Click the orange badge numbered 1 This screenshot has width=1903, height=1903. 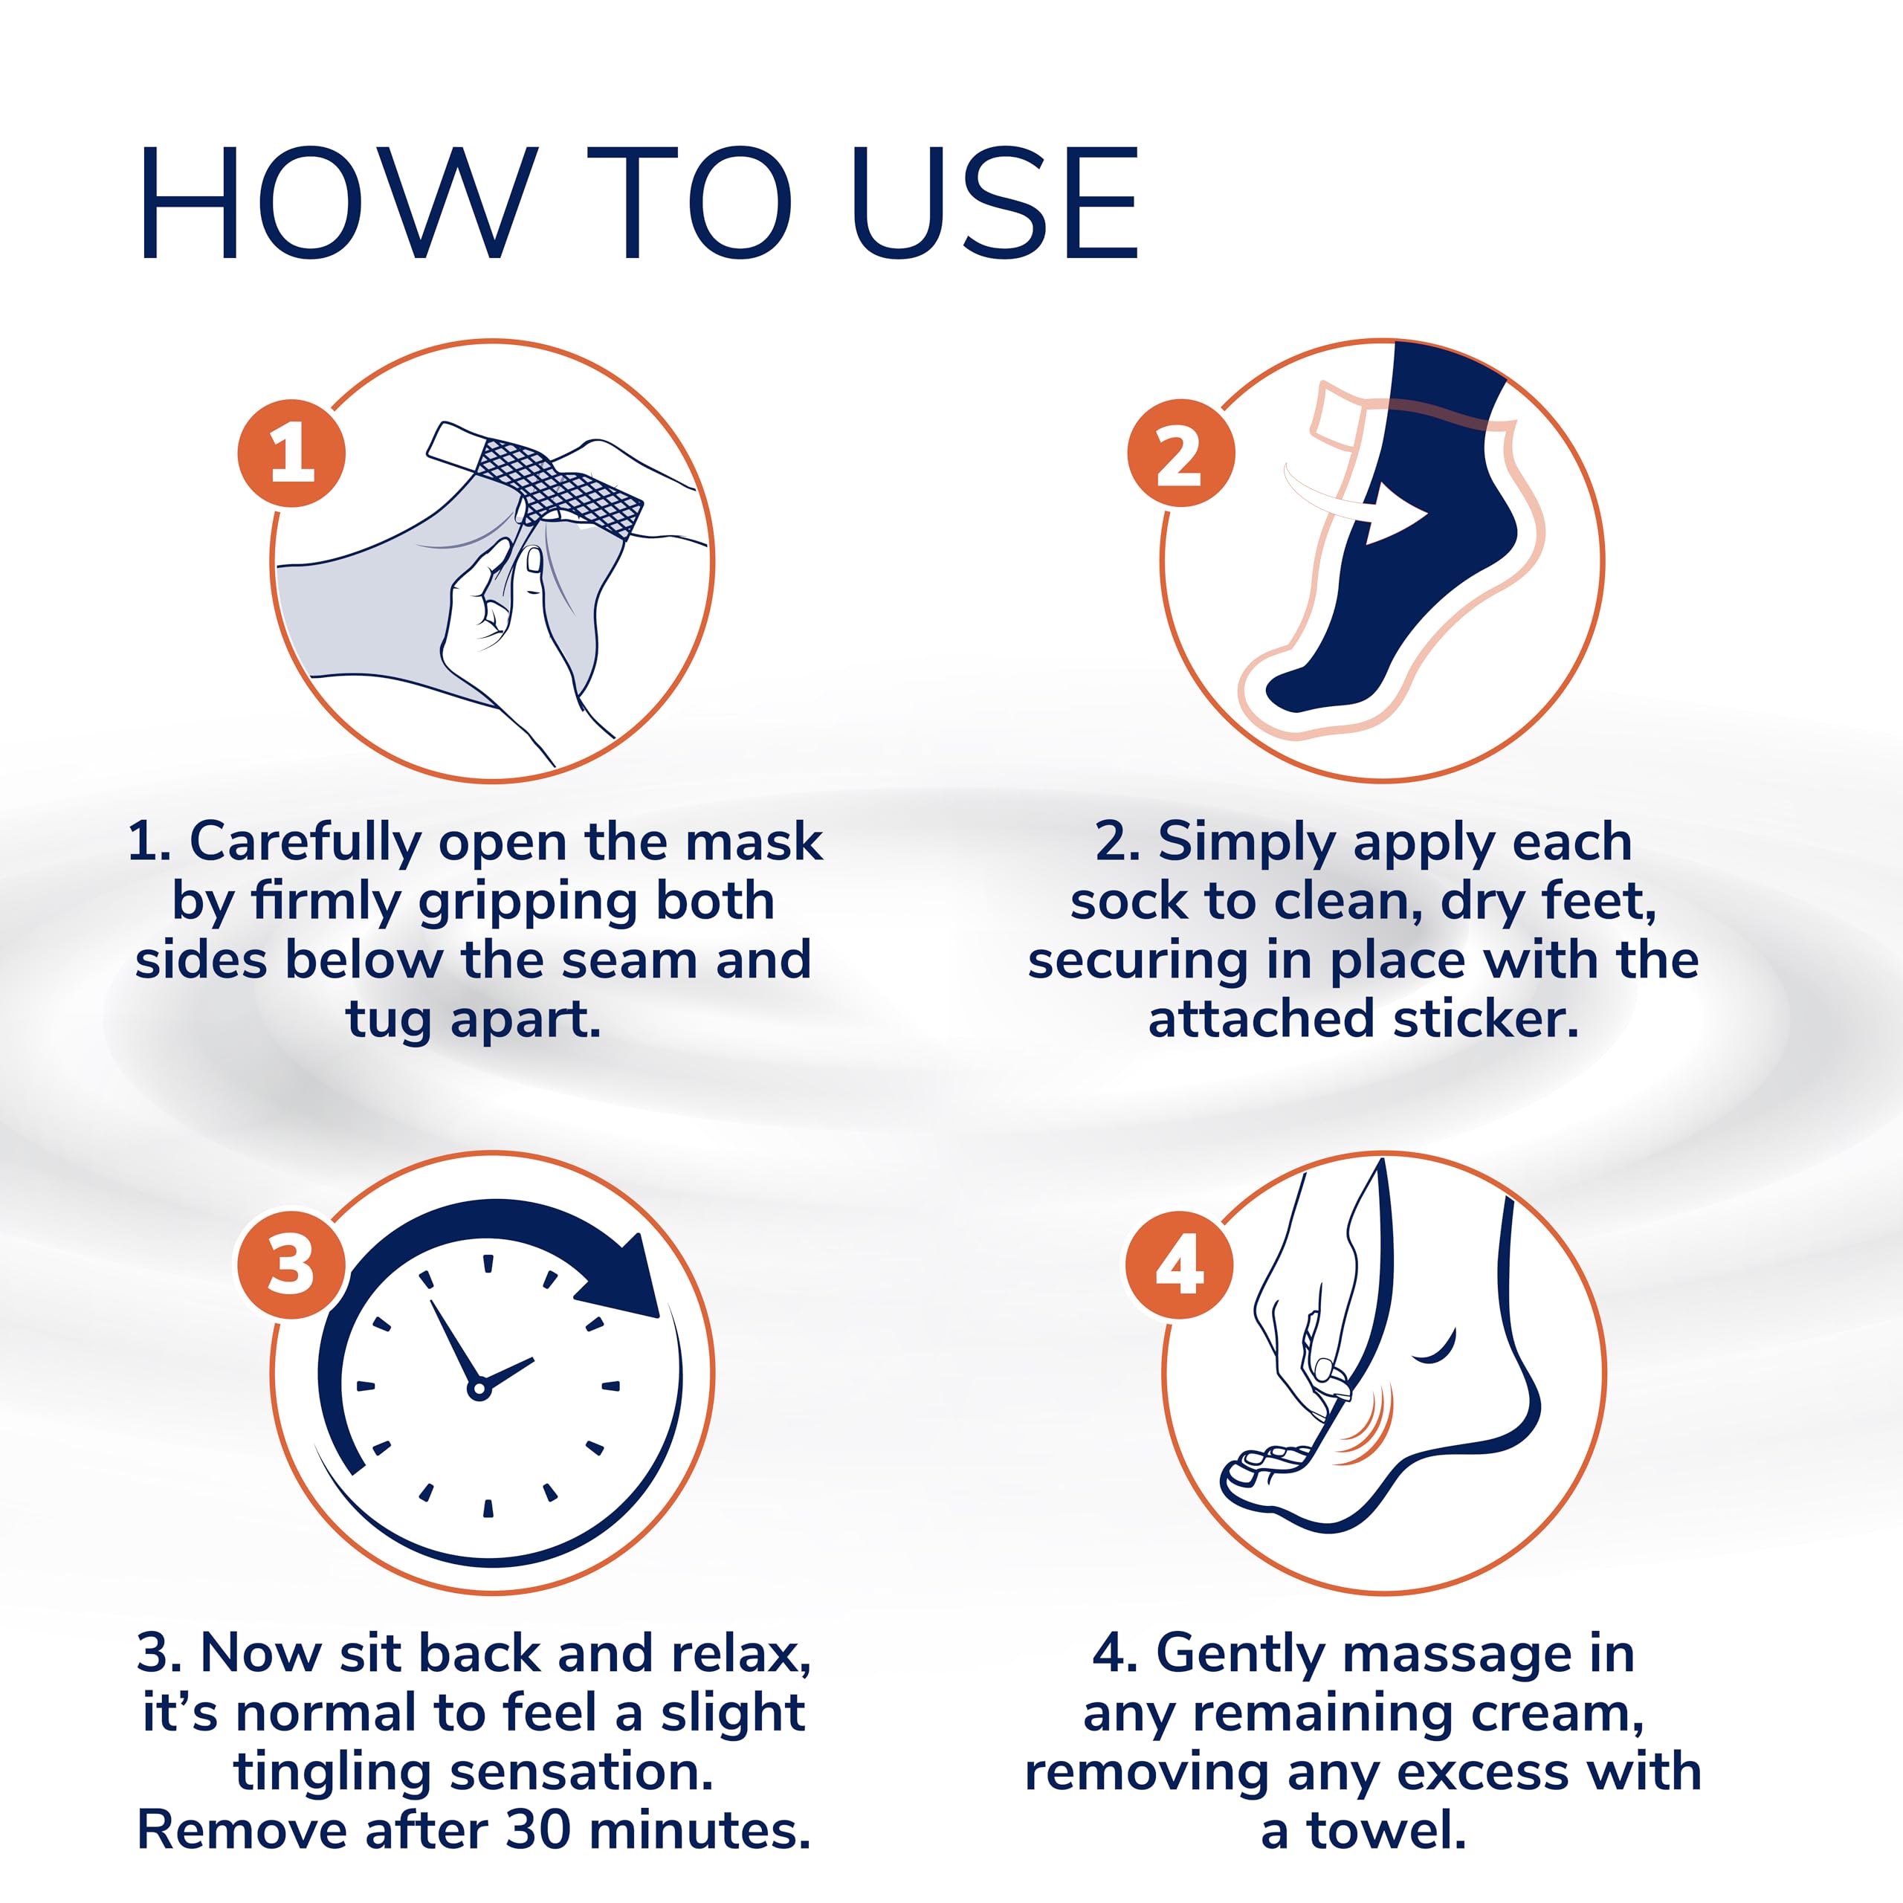pos(291,454)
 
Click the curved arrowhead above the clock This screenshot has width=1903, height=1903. pos(625,1281)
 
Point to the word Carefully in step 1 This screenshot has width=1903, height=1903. pos(306,843)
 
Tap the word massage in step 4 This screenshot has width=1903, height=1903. pos(1457,1654)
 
